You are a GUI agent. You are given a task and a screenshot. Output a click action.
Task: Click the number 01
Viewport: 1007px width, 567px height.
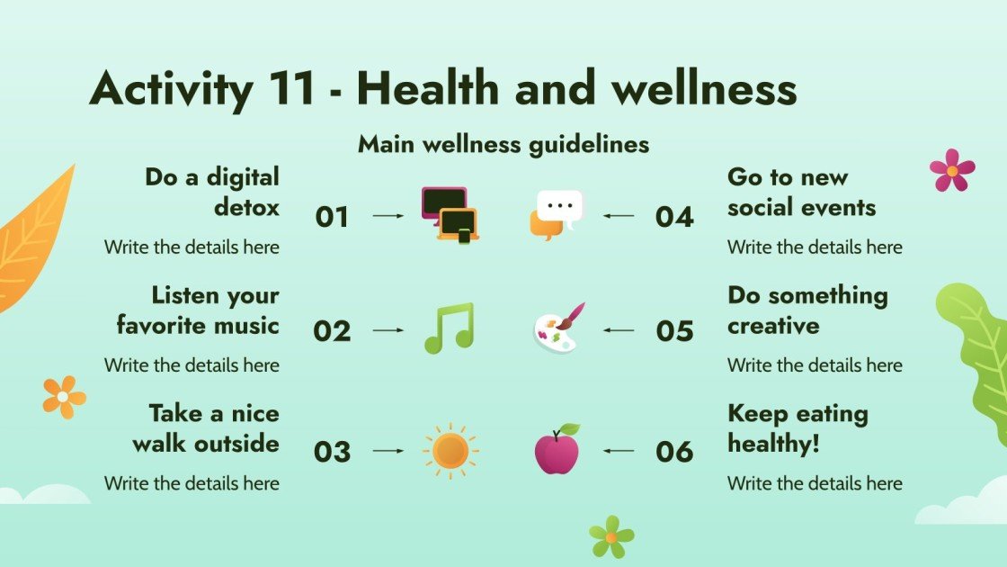[x=332, y=217]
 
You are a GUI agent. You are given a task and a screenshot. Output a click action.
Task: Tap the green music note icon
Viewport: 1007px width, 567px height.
[x=449, y=328]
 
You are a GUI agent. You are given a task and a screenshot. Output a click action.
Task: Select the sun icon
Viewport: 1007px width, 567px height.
[x=450, y=450]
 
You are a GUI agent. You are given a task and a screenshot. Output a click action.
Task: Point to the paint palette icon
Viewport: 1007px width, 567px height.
[x=557, y=328]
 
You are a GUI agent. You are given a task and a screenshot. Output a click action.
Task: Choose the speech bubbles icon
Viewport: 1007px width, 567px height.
[x=557, y=214]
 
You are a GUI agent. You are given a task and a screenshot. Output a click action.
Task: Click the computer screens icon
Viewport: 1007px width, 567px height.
[x=450, y=214]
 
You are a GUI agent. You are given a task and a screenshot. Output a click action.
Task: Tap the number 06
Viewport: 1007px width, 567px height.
[x=674, y=451]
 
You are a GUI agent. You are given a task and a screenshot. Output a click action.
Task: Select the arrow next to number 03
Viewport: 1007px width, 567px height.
[x=388, y=450]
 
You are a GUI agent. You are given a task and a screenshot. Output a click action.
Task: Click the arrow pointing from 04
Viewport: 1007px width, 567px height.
[x=618, y=216]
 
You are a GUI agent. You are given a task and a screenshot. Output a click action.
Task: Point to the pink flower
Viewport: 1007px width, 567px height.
[x=952, y=170]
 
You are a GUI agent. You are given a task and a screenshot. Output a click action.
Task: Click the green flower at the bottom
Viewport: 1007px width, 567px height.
[x=611, y=536]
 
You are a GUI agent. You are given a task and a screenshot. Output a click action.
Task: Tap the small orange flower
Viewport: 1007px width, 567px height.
[x=64, y=397]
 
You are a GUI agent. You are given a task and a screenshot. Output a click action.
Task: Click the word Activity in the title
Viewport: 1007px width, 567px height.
[x=171, y=90]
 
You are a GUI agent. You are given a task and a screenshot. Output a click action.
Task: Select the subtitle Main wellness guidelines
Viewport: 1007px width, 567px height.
[x=503, y=144]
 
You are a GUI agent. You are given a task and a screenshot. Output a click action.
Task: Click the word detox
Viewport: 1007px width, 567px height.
[x=246, y=207]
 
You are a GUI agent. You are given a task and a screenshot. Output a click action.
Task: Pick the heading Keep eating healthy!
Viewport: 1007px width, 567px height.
[x=798, y=428]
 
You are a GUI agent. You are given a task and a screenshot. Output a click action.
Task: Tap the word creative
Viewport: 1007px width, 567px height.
[x=773, y=325]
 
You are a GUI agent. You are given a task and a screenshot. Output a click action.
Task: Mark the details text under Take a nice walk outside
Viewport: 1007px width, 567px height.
[x=192, y=483]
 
